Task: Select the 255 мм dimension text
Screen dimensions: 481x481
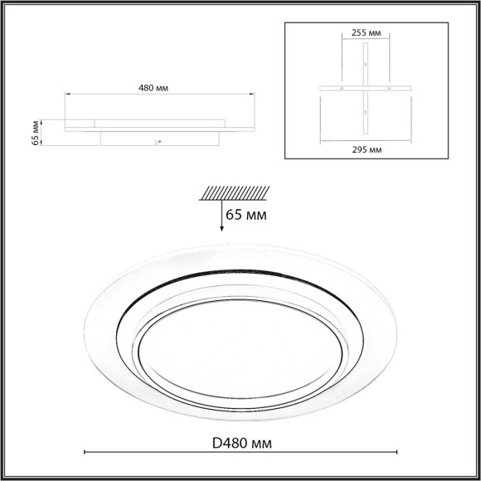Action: coord(366,33)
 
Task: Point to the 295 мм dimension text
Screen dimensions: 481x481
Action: coord(366,150)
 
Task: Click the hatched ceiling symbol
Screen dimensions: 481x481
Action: coord(234,192)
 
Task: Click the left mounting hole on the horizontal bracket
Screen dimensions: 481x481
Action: coord(342,88)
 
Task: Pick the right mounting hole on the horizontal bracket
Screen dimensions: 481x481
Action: coord(390,88)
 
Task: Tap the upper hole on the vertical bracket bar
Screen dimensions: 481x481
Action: coord(366,64)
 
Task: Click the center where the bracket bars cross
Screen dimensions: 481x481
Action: coord(366,88)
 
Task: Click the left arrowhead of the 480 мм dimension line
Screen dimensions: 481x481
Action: coord(66,96)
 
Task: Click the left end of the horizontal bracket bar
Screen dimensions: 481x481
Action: coord(322,88)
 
